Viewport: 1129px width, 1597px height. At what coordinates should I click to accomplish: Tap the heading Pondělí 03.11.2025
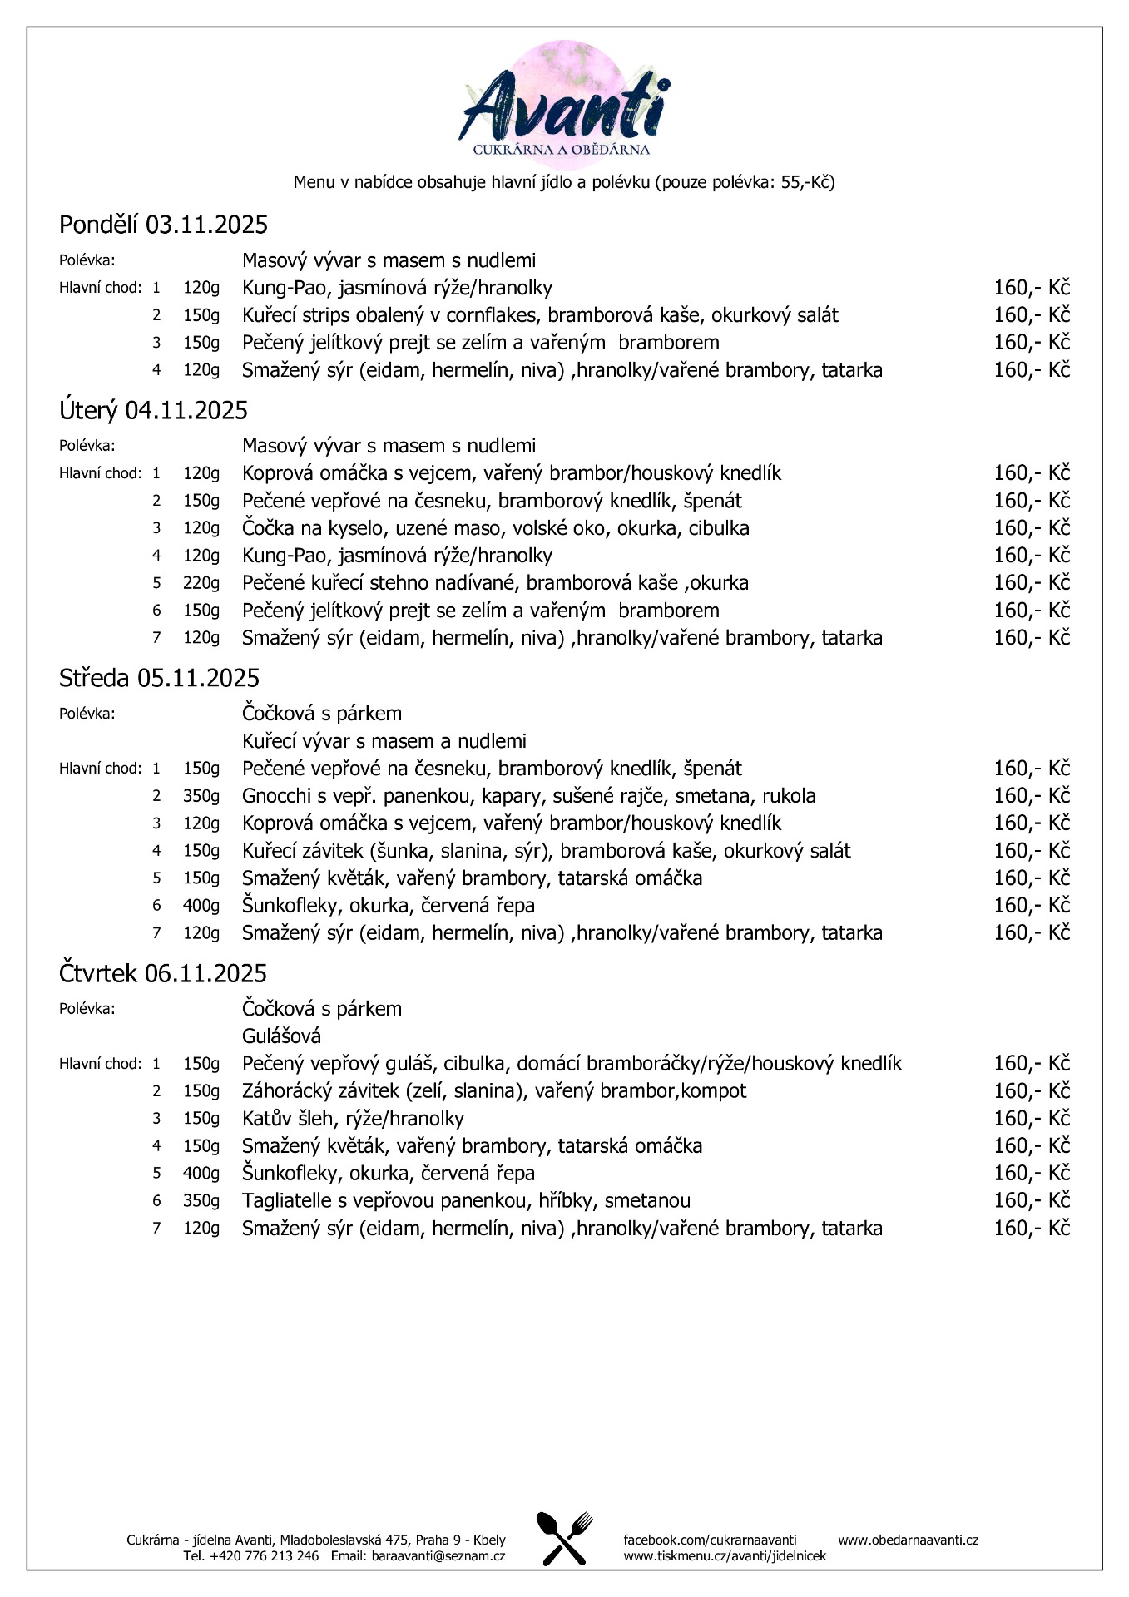[x=163, y=225]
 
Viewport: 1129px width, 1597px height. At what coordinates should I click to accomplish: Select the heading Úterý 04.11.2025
[x=153, y=410]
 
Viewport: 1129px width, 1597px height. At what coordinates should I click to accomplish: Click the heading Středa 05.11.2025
[x=159, y=679]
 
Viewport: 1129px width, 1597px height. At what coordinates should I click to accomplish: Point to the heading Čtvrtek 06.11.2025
[x=163, y=973]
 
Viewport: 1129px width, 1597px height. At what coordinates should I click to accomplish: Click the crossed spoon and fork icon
[x=564, y=1538]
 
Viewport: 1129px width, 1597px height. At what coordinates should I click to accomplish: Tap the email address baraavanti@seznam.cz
[x=438, y=1555]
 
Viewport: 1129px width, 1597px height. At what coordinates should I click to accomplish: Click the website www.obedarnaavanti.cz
[x=908, y=1540]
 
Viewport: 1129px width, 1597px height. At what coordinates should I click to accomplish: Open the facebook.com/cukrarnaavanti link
[x=710, y=1540]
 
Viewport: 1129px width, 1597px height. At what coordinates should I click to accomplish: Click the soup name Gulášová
[x=281, y=1036]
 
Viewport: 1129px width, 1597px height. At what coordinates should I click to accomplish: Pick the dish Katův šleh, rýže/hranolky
[x=353, y=1119]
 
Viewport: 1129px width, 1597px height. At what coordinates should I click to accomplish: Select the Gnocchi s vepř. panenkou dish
[x=528, y=796]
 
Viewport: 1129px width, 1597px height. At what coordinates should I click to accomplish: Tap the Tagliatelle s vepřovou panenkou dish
[x=466, y=1201]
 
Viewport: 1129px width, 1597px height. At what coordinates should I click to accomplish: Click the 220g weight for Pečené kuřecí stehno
[x=201, y=583]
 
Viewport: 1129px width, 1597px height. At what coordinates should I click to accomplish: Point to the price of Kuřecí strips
[x=1031, y=315]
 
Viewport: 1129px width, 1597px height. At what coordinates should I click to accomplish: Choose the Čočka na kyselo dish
[x=495, y=528]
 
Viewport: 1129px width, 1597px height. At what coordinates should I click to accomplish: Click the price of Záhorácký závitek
[x=1031, y=1091]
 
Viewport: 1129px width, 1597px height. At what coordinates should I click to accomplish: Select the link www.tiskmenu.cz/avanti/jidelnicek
[x=725, y=1555]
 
